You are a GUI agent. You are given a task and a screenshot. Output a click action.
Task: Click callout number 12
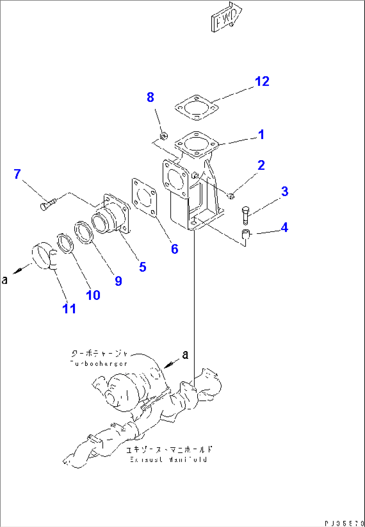pos(262,81)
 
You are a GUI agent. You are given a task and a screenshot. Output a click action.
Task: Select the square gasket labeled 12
pos(197,108)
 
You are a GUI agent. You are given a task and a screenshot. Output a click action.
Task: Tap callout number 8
pos(150,97)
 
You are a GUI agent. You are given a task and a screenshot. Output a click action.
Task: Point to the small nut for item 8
pos(164,136)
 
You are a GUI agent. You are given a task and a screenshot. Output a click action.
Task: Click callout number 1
pos(261,135)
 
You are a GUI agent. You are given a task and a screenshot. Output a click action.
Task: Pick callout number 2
pos(261,165)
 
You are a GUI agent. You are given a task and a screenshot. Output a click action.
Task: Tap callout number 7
pos(17,174)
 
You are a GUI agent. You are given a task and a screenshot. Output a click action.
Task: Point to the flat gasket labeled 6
pos(144,198)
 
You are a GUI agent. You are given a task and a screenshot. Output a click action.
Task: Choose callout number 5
pos(143,267)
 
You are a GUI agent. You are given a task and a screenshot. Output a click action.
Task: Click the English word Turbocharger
pos(99,364)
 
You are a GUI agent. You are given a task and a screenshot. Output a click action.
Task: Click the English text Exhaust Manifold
pos(168,459)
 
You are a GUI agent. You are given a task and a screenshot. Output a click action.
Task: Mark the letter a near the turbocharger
pos(185,355)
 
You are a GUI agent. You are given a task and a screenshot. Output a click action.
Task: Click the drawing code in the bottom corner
pos(344,523)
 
